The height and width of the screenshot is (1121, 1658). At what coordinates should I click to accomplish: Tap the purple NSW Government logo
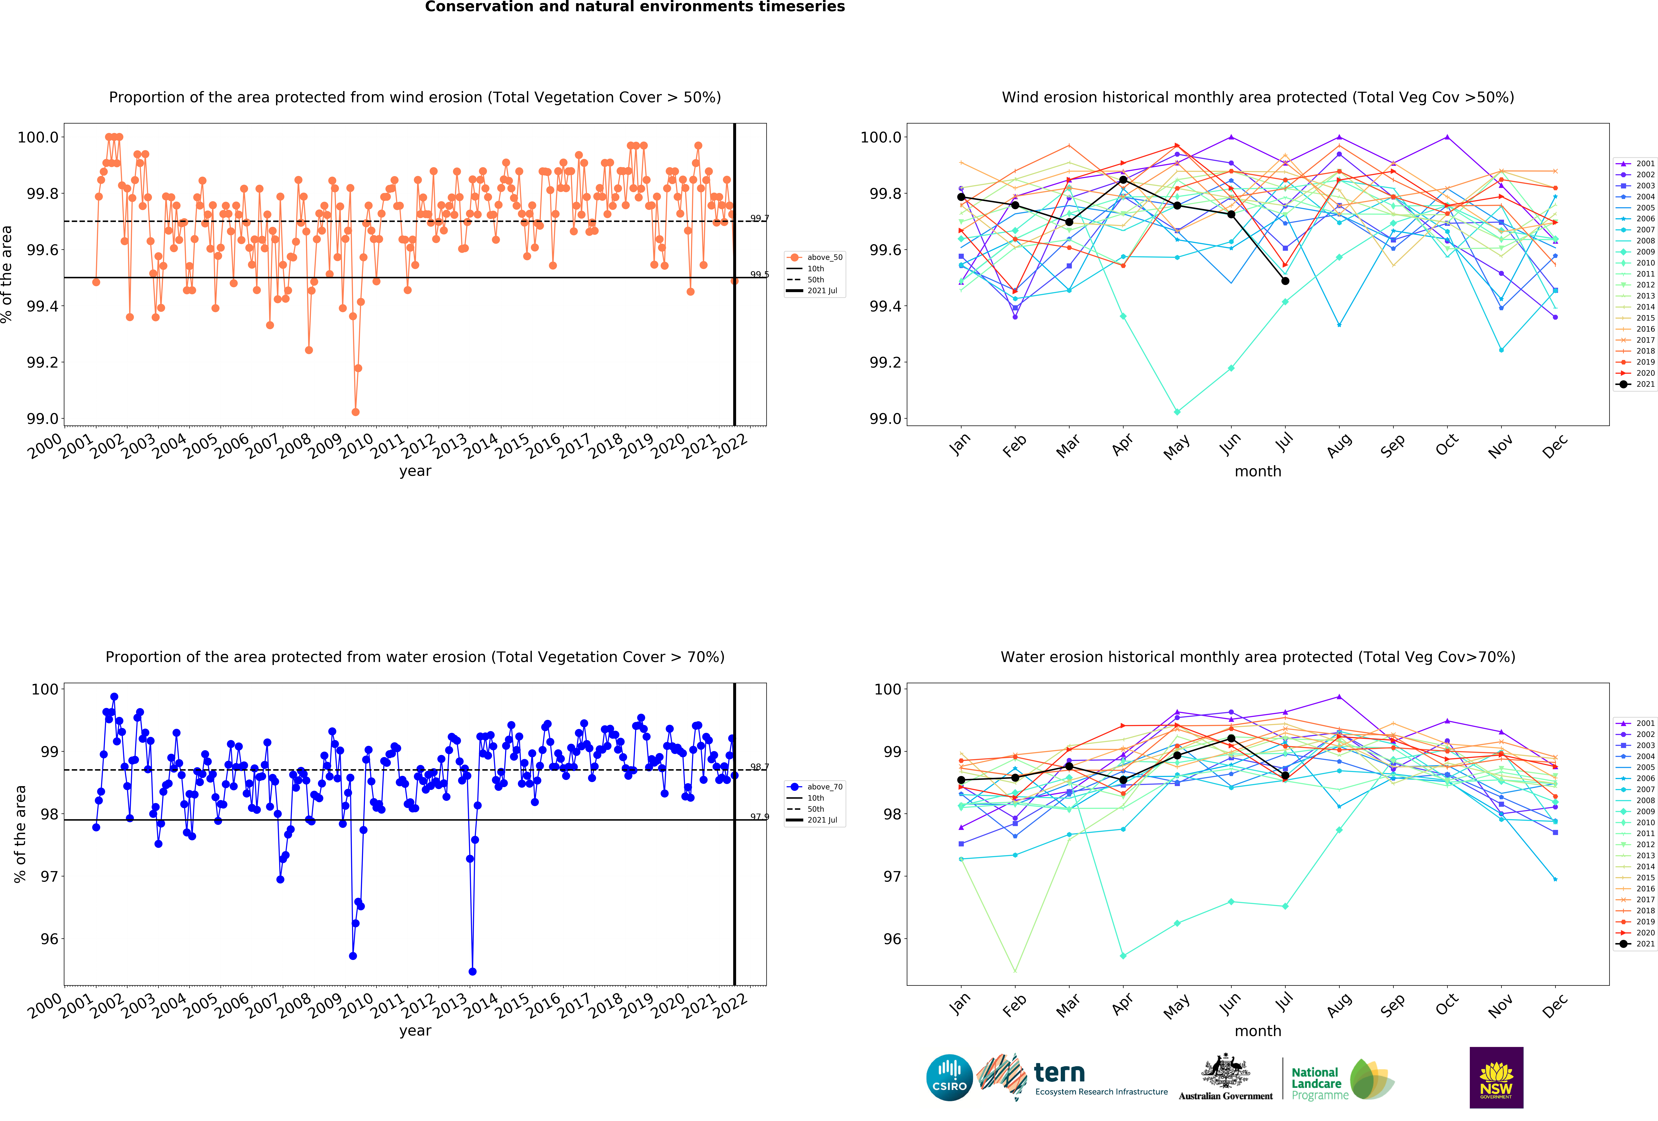1496,1077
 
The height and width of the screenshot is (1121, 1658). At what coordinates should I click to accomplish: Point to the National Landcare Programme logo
1341,1079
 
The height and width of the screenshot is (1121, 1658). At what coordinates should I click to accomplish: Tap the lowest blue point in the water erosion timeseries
472,971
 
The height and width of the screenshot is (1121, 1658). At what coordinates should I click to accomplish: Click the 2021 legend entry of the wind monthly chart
1634,384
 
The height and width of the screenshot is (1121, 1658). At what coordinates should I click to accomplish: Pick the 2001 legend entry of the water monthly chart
1634,723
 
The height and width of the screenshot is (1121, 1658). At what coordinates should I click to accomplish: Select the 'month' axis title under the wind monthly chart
1258,471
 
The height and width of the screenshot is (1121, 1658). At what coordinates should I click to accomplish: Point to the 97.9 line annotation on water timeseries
759,816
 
